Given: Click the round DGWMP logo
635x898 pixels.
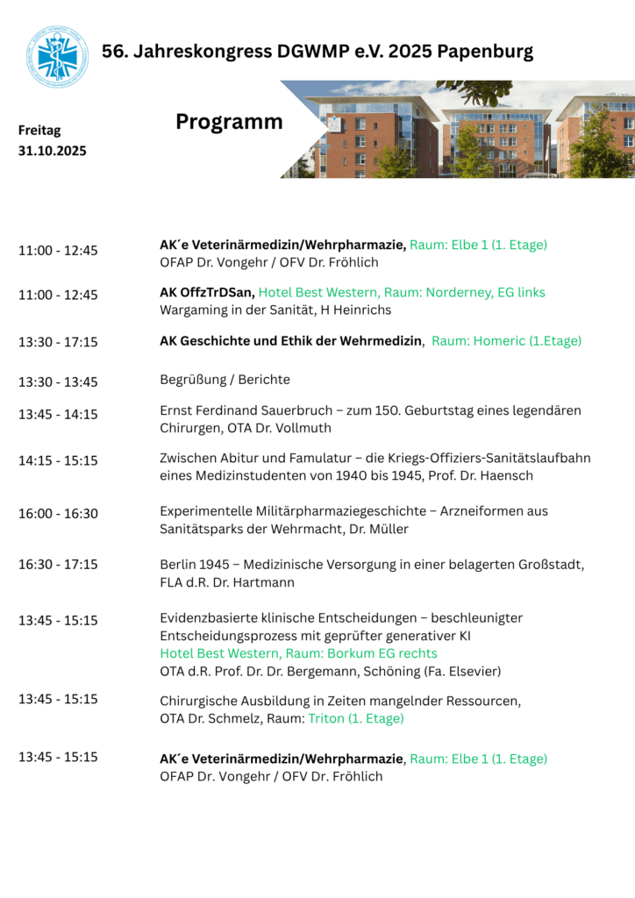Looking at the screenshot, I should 57,57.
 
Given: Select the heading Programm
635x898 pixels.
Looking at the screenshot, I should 229,122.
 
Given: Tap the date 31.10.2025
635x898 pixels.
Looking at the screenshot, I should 53,151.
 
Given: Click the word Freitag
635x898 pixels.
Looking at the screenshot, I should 39,131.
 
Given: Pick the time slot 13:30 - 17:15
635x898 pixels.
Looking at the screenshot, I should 58,341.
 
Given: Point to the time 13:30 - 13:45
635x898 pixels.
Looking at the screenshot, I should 58,381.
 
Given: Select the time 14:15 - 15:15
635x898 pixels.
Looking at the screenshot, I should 58,460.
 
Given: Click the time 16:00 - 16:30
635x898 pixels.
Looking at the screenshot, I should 58,513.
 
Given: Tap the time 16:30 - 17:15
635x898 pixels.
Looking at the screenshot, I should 58,564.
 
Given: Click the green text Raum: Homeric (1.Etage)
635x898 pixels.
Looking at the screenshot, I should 506,341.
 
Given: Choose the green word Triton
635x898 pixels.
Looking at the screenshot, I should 325,718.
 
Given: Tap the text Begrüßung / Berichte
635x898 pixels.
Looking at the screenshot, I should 225,380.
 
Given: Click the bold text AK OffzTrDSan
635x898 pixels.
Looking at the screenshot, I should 207,292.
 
